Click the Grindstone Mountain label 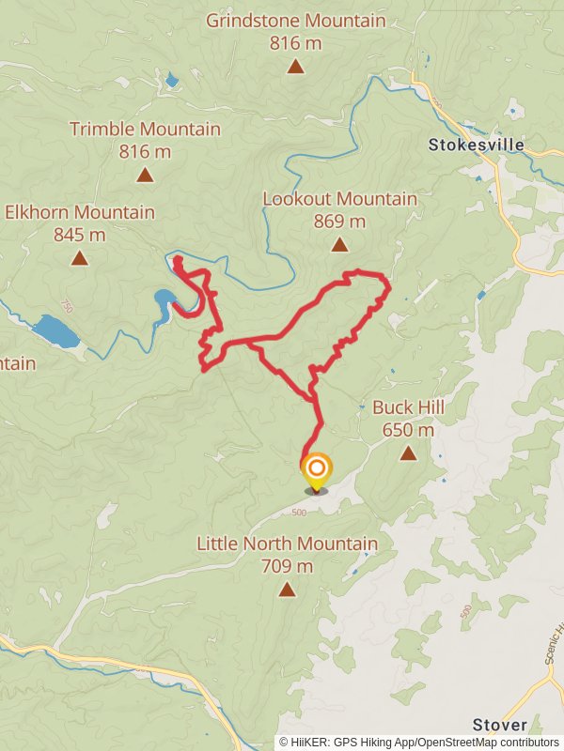click(x=295, y=21)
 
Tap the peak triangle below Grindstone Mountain click(x=295, y=66)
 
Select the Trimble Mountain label click(x=145, y=130)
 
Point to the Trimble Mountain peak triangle click(x=145, y=175)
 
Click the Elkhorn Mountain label click(x=80, y=213)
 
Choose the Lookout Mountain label click(x=339, y=199)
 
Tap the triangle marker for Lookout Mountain click(x=339, y=245)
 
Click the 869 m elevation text click(x=339, y=222)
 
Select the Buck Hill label click(x=408, y=407)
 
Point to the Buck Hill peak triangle click(x=408, y=453)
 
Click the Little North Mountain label click(x=287, y=544)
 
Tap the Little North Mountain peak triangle click(x=287, y=590)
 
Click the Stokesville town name click(x=476, y=146)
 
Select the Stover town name click(x=500, y=725)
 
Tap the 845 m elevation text click(x=80, y=235)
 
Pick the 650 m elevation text click(x=408, y=430)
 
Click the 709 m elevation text click(x=287, y=566)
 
